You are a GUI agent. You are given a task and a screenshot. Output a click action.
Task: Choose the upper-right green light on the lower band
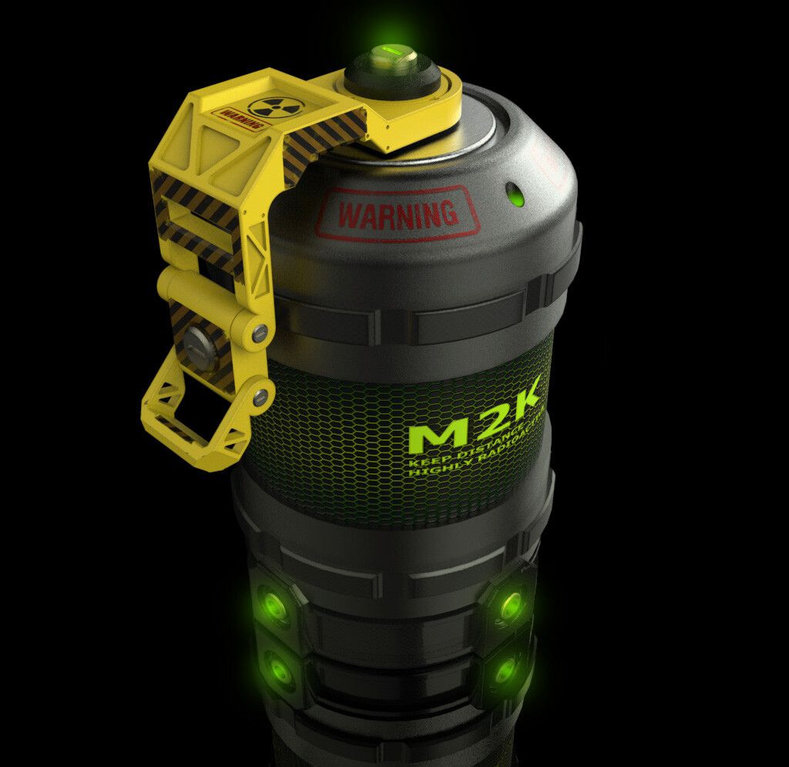(509, 604)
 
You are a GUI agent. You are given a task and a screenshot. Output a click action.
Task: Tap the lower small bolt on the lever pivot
(260, 398)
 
